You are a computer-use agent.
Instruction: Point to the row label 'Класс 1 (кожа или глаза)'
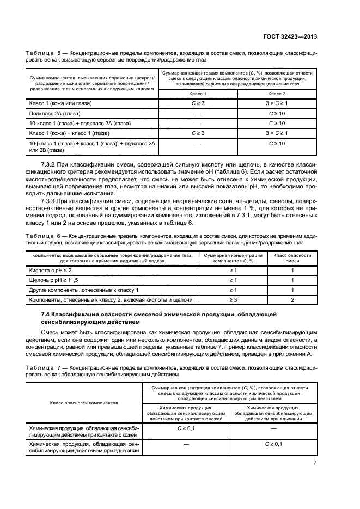pos(60,103)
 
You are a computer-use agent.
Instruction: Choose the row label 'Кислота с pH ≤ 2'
pos(50,270)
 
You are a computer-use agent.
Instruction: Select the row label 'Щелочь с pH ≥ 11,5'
pos(54,280)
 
